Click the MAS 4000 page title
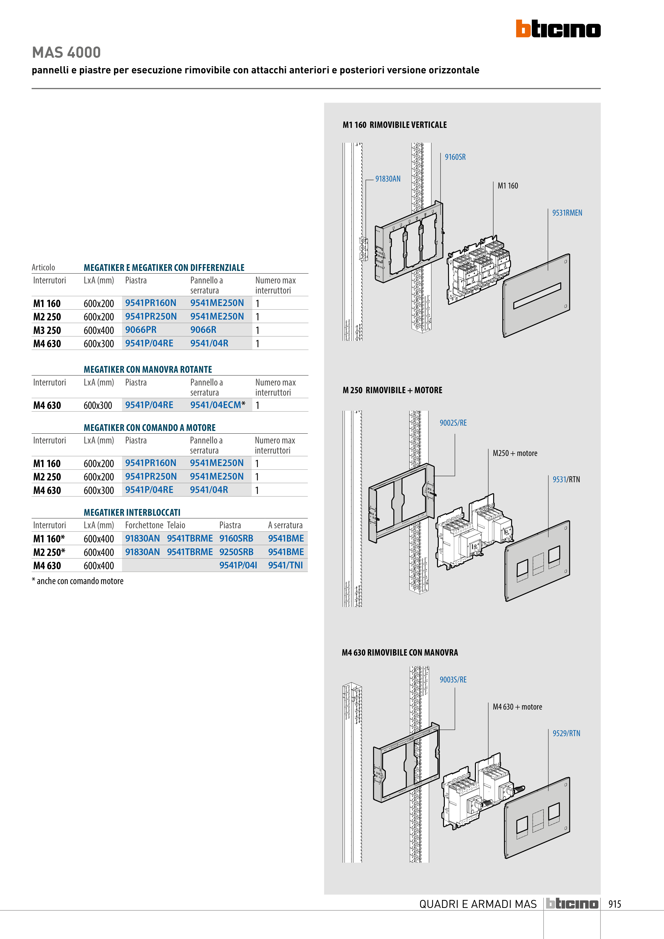coord(66,52)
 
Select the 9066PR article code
coord(141,330)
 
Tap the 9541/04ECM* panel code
coord(218,405)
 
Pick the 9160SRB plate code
coord(236,538)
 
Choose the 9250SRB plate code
coord(236,552)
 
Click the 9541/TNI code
coord(285,565)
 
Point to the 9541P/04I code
coord(238,565)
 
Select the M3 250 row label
coord(47,330)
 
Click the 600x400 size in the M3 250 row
coord(99,330)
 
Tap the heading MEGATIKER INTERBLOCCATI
coord(132,513)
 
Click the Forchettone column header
coord(144,525)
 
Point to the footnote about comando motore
coord(78,581)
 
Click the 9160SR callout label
coord(455,157)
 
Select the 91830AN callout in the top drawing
coord(388,179)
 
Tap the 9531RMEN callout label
coord(567,213)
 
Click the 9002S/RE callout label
coord(453,423)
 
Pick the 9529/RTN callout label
coord(566,733)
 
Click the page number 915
coord(615,904)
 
